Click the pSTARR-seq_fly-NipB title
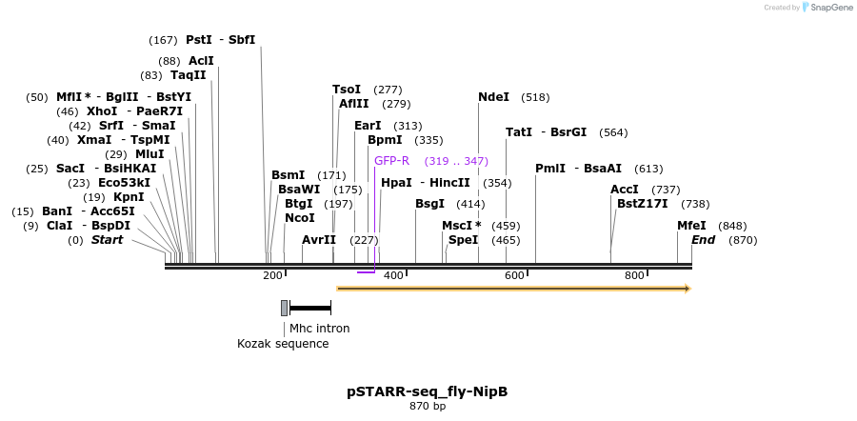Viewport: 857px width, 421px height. (x=427, y=391)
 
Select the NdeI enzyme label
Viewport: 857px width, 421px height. (x=493, y=97)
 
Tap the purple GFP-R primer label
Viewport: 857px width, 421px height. (x=391, y=161)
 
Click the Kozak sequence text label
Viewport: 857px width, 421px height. (x=283, y=344)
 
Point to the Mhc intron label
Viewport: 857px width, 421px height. (x=319, y=329)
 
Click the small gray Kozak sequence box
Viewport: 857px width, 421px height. (x=284, y=308)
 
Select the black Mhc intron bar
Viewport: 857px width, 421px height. (x=309, y=308)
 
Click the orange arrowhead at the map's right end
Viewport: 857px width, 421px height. (x=687, y=288)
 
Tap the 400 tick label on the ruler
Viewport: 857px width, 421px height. (x=392, y=275)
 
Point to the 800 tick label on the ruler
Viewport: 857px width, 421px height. (x=634, y=275)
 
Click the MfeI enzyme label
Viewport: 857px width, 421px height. (x=691, y=226)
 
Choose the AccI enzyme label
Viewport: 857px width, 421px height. (x=625, y=190)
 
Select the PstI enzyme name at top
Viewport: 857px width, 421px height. (x=199, y=40)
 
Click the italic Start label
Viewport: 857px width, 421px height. (x=107, y=240)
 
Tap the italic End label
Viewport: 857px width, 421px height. (x=703, y=240)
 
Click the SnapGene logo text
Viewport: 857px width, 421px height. (x=831, y=8)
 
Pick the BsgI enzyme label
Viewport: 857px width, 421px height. (x=429, y=204)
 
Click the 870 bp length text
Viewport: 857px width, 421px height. (x=428, y=407)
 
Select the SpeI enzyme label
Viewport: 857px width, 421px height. (x=463, y=240)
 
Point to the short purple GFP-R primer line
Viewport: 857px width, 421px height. (x=366, y=272)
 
